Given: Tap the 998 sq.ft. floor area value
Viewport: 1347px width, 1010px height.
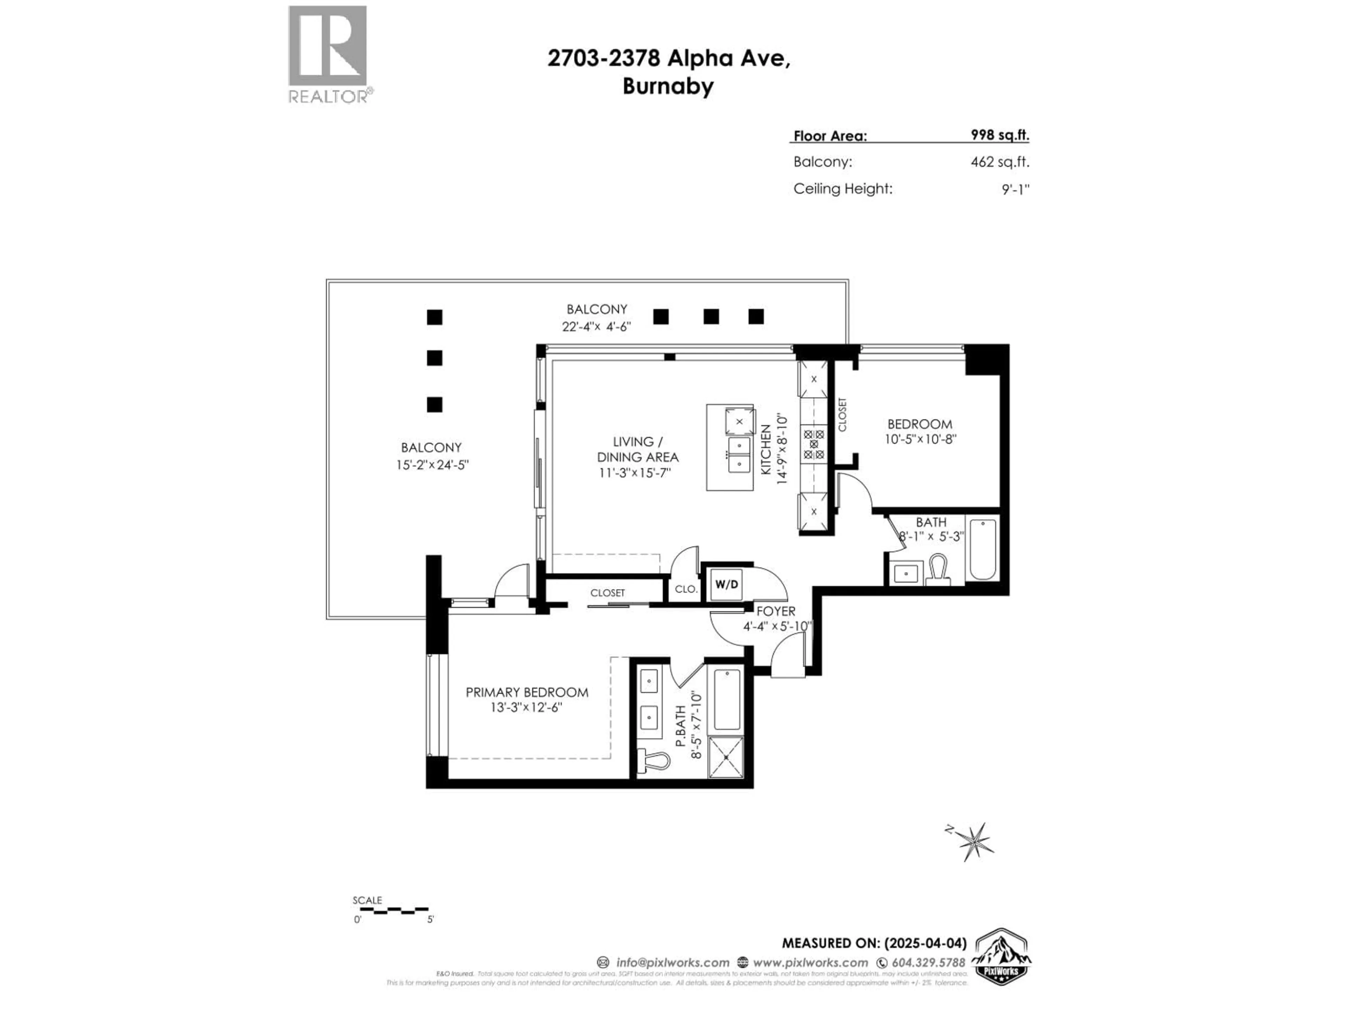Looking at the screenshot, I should click(999, 135).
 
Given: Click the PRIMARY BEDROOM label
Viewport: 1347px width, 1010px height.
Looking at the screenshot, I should click(527, 692).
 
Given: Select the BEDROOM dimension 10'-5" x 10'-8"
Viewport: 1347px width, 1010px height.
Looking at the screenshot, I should click(920, 439).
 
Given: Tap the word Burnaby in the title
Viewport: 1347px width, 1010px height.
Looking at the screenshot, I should click(668, 87).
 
